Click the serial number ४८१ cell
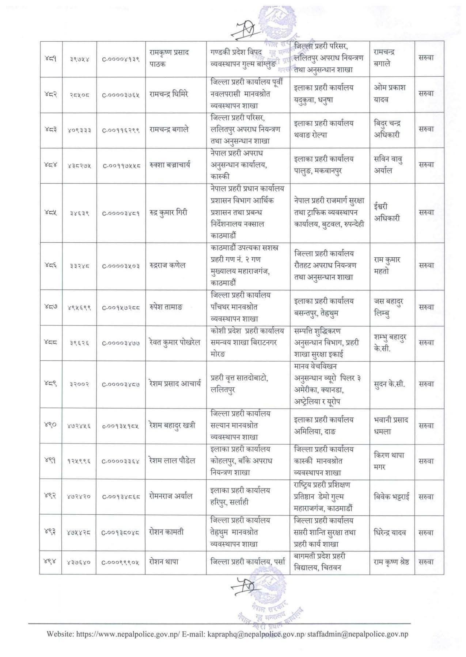click(50, 58)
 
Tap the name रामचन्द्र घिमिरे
click(169, 94)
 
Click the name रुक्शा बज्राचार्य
click(170, 165)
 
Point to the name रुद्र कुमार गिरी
click(168, 212)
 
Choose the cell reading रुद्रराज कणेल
click(167, 265)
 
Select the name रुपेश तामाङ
click(166, 307)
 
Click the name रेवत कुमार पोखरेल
click(175, 342)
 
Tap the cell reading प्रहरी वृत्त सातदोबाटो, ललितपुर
click(239, 384)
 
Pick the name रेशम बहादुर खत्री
click(172, 425)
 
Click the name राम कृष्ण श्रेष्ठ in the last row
click(391, 562)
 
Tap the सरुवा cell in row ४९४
click(426, 562)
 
